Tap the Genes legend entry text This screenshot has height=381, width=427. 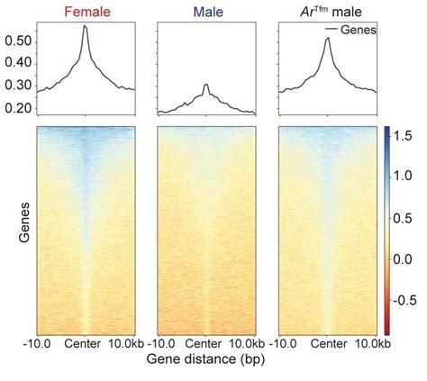pos(358,30)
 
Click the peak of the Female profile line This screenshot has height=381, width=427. pos(85,26)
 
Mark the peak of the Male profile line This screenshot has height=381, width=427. pos(206,85)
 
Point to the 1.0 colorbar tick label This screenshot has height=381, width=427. pos(410,177)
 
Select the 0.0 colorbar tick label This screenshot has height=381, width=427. pos(410,259)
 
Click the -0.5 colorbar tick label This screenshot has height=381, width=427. pos(408,301)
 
